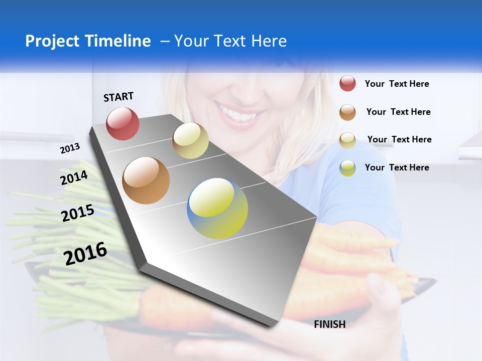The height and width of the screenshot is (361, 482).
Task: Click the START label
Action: [118, 97]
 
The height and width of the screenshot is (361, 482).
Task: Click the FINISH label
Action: [329, 324]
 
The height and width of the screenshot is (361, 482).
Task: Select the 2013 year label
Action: [70, 148]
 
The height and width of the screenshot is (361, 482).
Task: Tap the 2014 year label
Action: [74, 178]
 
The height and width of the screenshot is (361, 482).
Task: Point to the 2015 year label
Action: [78, 213]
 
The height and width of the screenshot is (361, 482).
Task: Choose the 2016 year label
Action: [85, 253]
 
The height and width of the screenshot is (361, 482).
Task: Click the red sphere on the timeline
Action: [123, 123]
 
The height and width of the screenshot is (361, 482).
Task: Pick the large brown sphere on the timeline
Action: [146, 180]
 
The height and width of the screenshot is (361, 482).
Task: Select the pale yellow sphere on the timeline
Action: [190, 140]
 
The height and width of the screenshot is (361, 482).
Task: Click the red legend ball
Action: [347, 84]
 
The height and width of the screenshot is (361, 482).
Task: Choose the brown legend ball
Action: [347, 112]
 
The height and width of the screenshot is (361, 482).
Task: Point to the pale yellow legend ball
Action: [347, 140]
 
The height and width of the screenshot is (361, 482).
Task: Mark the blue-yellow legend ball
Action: [347, 168]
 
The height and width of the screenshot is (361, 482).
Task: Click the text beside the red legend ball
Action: [397, 84]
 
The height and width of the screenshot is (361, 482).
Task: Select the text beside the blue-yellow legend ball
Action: [397, 167]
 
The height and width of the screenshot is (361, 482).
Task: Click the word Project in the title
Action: [53, 41]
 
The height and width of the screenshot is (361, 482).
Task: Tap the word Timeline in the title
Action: [118, 41]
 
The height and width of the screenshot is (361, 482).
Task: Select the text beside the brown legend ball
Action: [398, 112]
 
